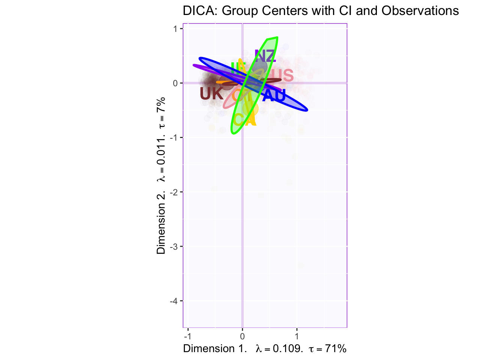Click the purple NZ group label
(265, 56)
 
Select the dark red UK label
(211, 94)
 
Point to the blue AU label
(274, 96)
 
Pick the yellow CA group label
(244, 120)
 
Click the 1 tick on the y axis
(175, 29)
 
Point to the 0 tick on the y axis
(175, 83)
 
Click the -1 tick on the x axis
(188, 336)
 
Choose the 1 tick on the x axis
(297, 336)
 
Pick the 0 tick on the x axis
(243, 336)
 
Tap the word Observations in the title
(420, 11)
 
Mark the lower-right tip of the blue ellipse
(306, 110)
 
